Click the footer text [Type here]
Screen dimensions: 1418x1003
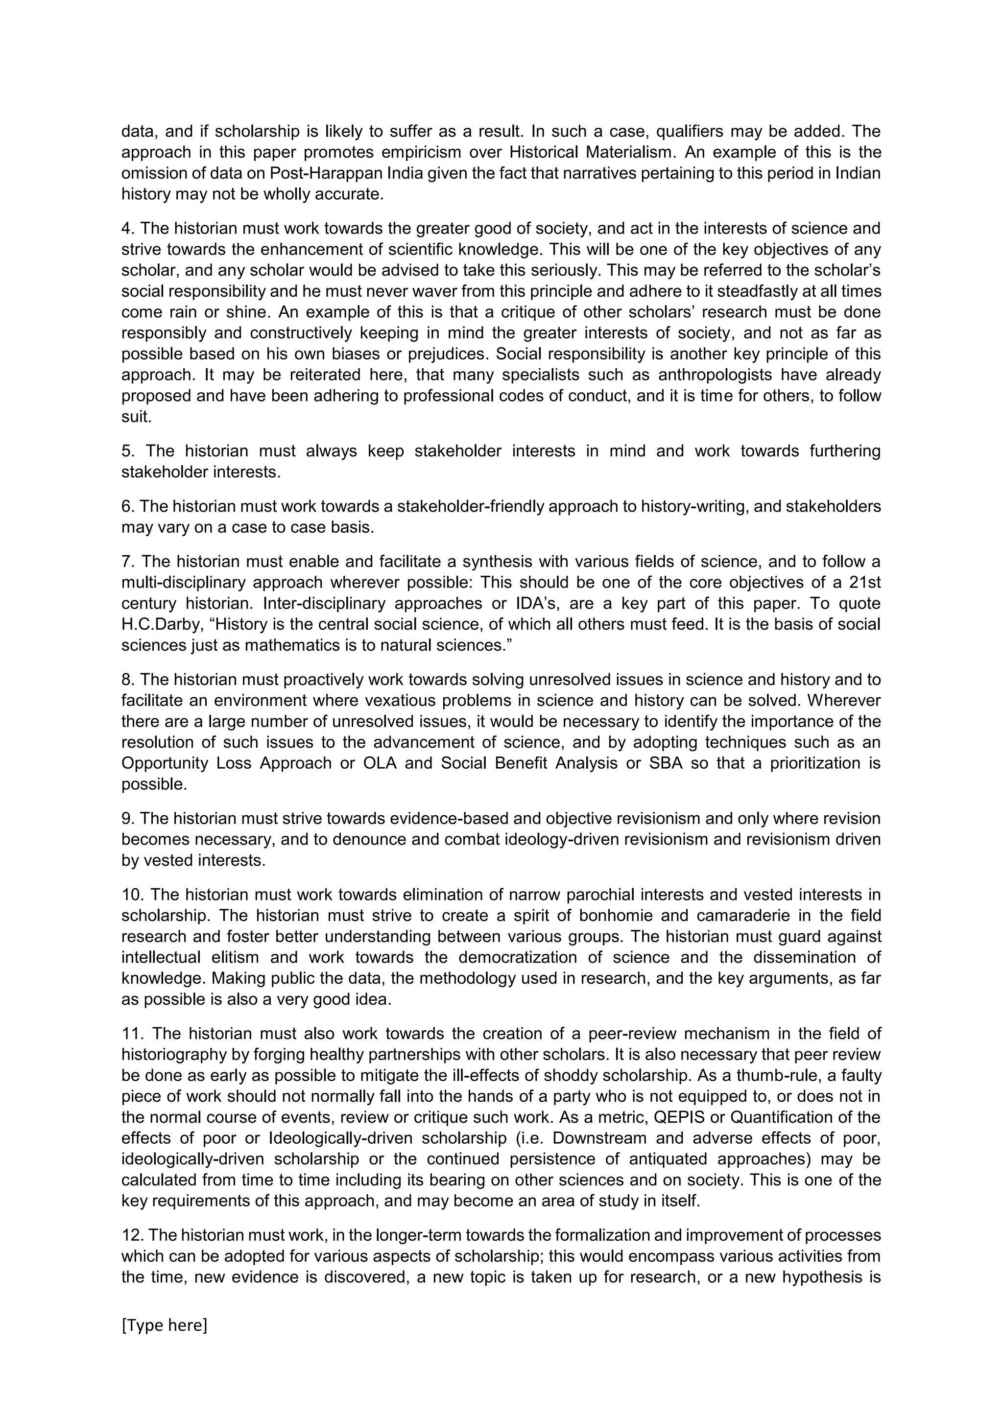pyautogui.click(x=164, y=1325)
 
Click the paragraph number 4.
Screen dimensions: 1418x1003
pyautogui.click(x=127, y=229)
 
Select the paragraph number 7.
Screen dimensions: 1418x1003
pyautogui.click(x=127, y=562)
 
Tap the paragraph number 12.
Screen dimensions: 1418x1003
pyautogui.click(x=132, y=1235)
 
